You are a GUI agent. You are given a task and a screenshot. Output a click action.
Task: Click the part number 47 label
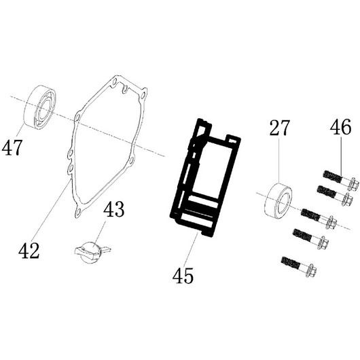click(x=12, y=147)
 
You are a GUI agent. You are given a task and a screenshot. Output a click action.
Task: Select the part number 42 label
click(x=29, y=251)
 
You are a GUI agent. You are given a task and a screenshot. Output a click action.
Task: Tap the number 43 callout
click(x=114, y=209)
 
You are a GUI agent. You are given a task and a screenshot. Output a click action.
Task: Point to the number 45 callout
click(x=183, y=276)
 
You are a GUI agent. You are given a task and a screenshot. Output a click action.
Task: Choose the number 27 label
click(x=279, y=128)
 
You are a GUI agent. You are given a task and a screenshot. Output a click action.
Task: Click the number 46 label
click(x=341, y=127)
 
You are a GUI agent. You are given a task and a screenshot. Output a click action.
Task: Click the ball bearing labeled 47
click(x=40, y=107)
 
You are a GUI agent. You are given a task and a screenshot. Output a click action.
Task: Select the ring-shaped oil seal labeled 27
click(x=278, y=199)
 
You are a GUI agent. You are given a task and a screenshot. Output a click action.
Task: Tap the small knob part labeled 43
click(x=92, y=251)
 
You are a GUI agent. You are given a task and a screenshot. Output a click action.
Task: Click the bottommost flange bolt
click(x=299, y=266)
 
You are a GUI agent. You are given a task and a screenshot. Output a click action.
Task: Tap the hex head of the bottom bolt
click(x=311, y=271)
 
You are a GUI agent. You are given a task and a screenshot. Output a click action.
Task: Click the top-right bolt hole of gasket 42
click(x=143, y=94)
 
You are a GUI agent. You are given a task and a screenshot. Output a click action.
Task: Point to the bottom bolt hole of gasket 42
click(x=79, y=212)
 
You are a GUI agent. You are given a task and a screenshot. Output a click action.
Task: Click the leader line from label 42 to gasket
click(x=52, y=211)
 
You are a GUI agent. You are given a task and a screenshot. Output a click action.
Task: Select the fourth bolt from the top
click(x=310, y=238)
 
